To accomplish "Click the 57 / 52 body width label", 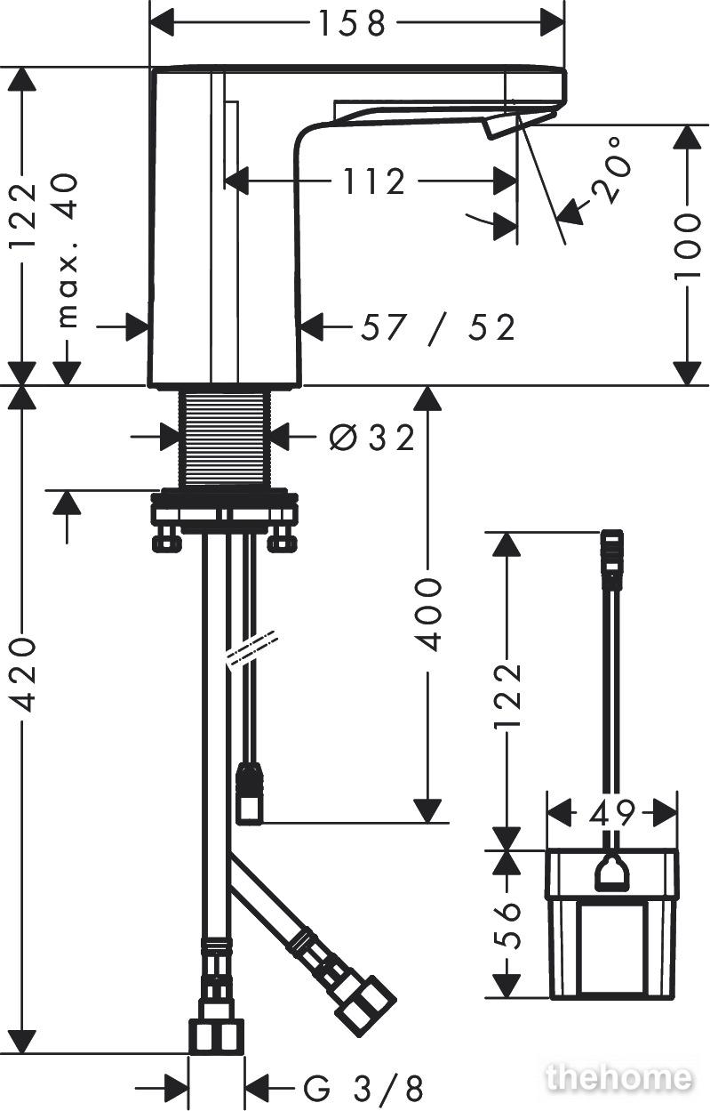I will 438,328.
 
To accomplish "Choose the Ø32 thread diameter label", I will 371,437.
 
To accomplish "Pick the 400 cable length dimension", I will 428,614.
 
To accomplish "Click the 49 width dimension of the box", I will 612,812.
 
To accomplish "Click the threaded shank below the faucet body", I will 226,439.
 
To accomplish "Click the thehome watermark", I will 619,1077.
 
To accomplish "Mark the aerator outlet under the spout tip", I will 499,126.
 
